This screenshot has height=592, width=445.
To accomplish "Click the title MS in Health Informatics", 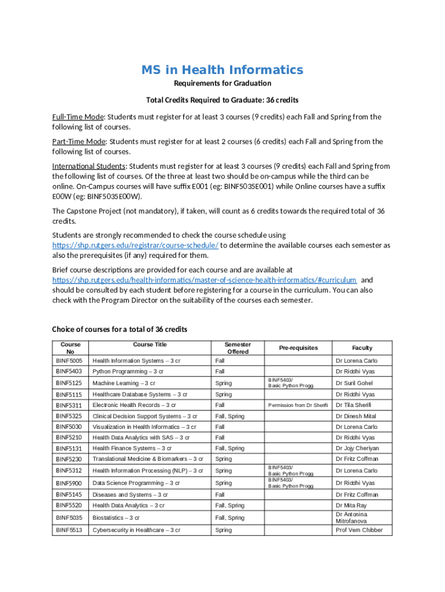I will [222, 70].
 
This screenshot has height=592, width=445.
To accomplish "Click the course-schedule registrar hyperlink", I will [135, 245].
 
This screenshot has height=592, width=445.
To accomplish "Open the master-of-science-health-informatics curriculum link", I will [204, 280].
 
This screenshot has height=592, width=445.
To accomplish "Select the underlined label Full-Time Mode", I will [78, 117].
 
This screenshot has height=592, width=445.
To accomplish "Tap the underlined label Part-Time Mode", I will [79, 142].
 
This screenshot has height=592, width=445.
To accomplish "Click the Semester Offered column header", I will [238, 347].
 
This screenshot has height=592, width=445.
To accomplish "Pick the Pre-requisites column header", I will [298, 348].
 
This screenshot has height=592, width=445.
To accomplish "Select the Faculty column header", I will [362, 348].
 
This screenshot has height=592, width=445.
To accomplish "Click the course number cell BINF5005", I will [69, 361].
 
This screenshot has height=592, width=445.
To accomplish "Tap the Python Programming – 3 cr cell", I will [128, 372].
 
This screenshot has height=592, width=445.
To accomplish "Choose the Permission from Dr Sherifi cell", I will [298, 405].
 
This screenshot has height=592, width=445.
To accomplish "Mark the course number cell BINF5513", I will [69, 530].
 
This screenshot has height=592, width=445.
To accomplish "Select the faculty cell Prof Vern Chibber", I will [359, 530].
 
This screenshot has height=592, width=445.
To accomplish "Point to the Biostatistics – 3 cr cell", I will [116, 518].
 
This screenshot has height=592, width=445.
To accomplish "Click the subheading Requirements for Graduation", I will [222, 84].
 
